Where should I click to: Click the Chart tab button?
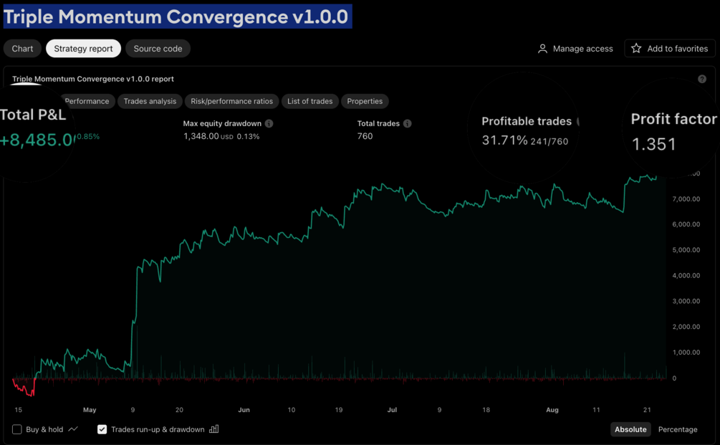[22, 49]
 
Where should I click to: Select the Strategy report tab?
[83, 49]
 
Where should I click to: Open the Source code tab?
[158, 49]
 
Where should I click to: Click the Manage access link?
[575, 49]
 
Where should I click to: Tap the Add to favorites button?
[670, 49]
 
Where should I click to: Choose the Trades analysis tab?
[150, 101]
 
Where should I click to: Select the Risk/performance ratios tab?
[231, 101]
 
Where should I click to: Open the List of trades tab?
[309, 101]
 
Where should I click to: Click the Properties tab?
[365, 101]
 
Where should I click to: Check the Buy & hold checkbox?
[17, 429]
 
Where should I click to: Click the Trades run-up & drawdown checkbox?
[102, 429]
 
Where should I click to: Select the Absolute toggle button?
[630, 429]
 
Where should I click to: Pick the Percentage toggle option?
[677, 429]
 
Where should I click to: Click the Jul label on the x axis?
[392, 410]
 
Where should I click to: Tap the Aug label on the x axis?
[552, 410]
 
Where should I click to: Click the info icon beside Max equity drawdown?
[269, 123]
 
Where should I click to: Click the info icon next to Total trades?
[407, 123]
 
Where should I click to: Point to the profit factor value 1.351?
[653, 144]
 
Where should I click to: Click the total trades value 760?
[365, 136]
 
